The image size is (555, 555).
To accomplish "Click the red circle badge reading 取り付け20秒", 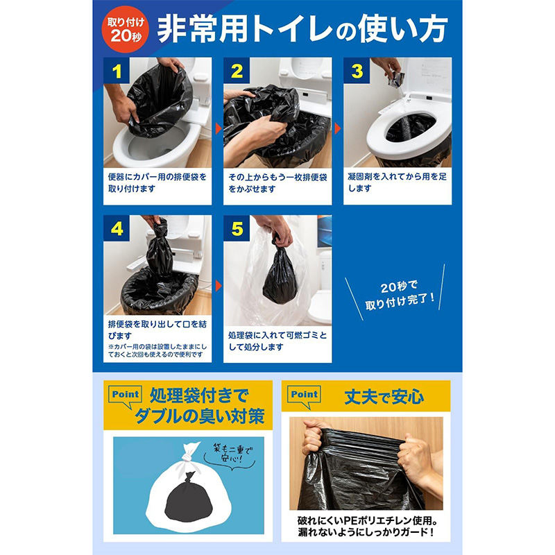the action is (x=126, y=30).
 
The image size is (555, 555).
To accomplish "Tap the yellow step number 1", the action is (x=117, y=71).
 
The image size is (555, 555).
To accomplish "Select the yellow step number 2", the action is (x=237, y=71).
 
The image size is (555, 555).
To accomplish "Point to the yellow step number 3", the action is (x=357, y=71).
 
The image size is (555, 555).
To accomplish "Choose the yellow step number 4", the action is (x=117, y=229).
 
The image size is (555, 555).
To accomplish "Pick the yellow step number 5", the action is (x=237, y=229).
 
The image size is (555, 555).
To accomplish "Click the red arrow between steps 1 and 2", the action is (x=219, y=128).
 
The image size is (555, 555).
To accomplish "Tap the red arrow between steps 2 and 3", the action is (x=338, y=128).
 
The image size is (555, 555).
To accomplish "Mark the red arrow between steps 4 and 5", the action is (x=219, y=286).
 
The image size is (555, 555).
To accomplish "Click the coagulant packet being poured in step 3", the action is (x=395, y=78).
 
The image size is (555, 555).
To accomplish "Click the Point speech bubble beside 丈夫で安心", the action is (x=305, y=396).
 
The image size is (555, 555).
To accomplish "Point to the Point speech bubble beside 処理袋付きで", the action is (x=126, y=396).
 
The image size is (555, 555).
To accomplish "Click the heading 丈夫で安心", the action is (x=384, y=397).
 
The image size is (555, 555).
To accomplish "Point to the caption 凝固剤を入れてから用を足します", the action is (x=397, y=182).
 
